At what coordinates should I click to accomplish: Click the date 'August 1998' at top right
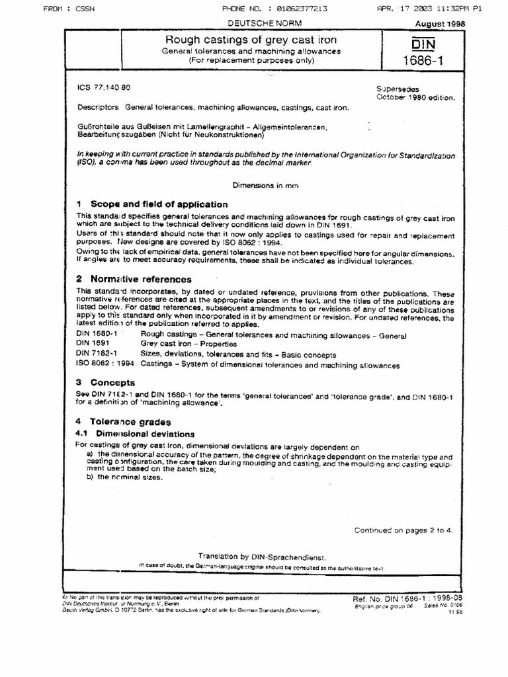pos(439,23)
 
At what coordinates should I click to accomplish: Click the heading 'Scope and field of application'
pos(159,204)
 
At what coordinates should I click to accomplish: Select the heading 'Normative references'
pos(141,279)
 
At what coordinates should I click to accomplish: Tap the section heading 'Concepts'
pos(112,382)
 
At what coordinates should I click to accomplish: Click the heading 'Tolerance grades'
pos(130,422)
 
